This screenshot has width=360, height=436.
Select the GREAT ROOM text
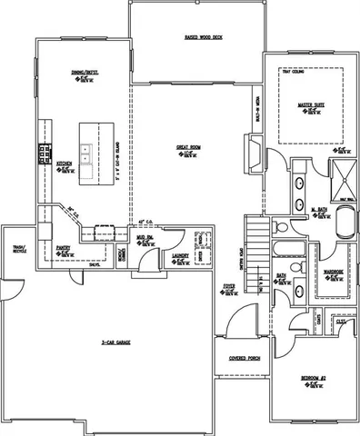tap(189, 146)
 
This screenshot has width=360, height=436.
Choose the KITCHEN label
tap(65, 164)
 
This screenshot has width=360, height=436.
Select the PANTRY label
tap(64, 245)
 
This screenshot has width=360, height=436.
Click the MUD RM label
tap(143, 238)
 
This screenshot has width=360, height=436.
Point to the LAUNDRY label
tap(179, 256)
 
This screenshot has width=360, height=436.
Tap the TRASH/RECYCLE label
tap(18, 248)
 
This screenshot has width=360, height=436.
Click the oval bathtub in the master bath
tap(346, 223)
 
